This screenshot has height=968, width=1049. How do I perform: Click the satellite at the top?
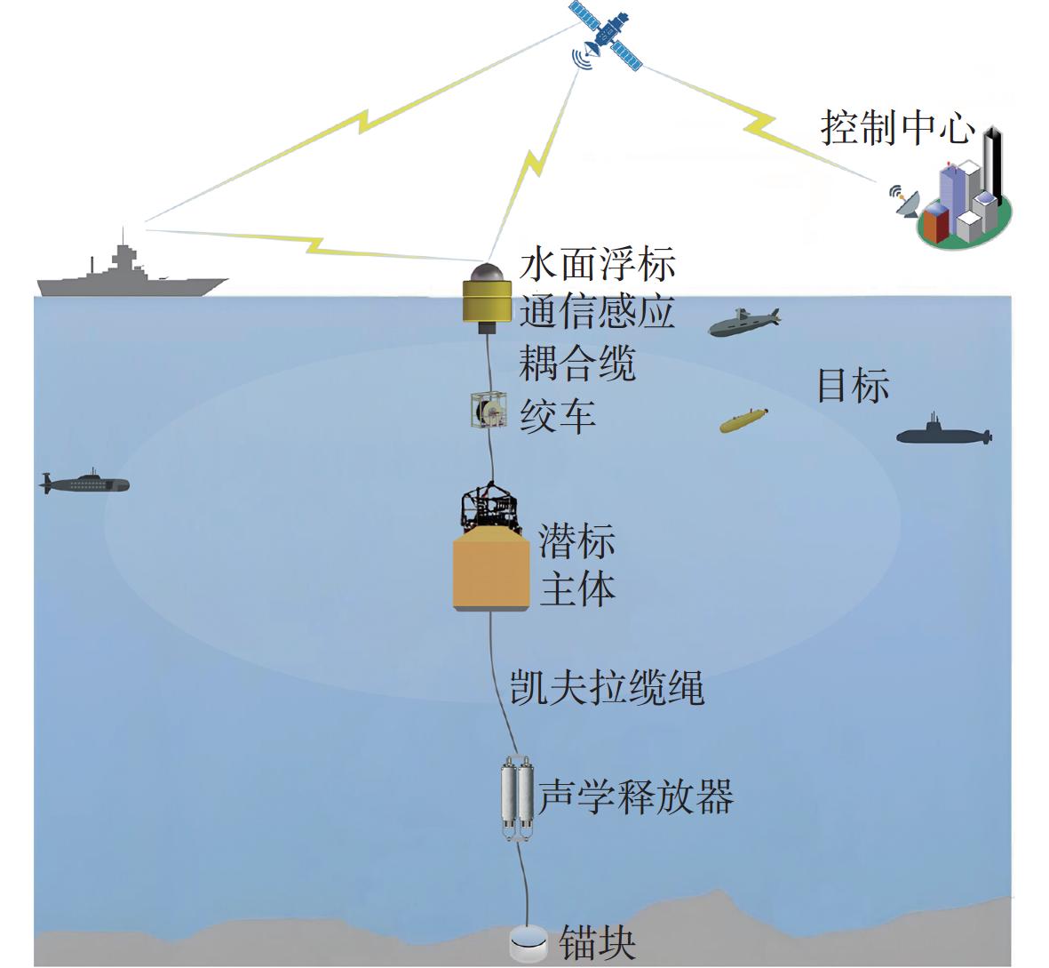coord(607,36)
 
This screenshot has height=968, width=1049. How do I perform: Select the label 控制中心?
coord(896,128)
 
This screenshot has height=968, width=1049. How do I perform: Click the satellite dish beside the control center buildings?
coord(904,203)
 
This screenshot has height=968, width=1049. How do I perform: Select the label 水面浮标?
coord(597,266)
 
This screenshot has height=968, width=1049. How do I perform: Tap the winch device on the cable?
coord(488,410)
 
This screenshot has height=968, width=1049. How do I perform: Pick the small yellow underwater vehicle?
coord(743,420)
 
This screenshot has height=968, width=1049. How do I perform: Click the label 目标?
coord(853,386)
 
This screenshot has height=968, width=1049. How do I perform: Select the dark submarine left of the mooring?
coord(86,484)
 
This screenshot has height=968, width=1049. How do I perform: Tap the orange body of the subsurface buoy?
coord(491,572)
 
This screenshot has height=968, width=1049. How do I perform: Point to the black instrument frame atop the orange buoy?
coord(489,509)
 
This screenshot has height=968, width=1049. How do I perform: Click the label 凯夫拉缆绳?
coord(607,687)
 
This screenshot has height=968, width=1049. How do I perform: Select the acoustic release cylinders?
coord(517,796)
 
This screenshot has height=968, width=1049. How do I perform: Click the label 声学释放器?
coord(635,796)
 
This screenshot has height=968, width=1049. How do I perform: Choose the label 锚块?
coord(597,943)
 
